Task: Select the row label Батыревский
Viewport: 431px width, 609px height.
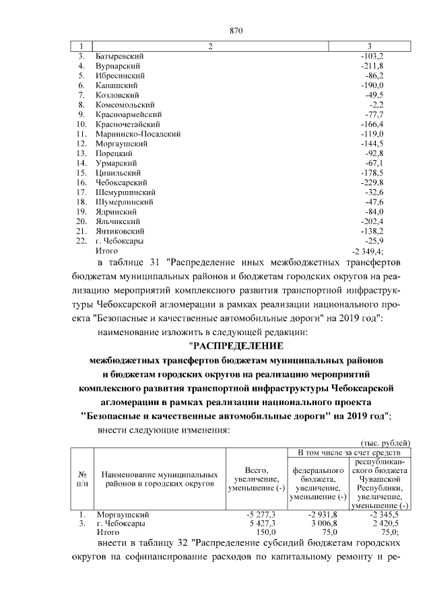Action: [120, 56]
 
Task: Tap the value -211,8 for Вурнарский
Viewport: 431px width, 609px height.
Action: [371, 66]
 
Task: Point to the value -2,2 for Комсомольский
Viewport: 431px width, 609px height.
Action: [376, 105]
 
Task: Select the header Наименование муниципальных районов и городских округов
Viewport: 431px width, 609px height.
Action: [160, 478]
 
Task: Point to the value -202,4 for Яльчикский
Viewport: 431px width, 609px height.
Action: [371, 221]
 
